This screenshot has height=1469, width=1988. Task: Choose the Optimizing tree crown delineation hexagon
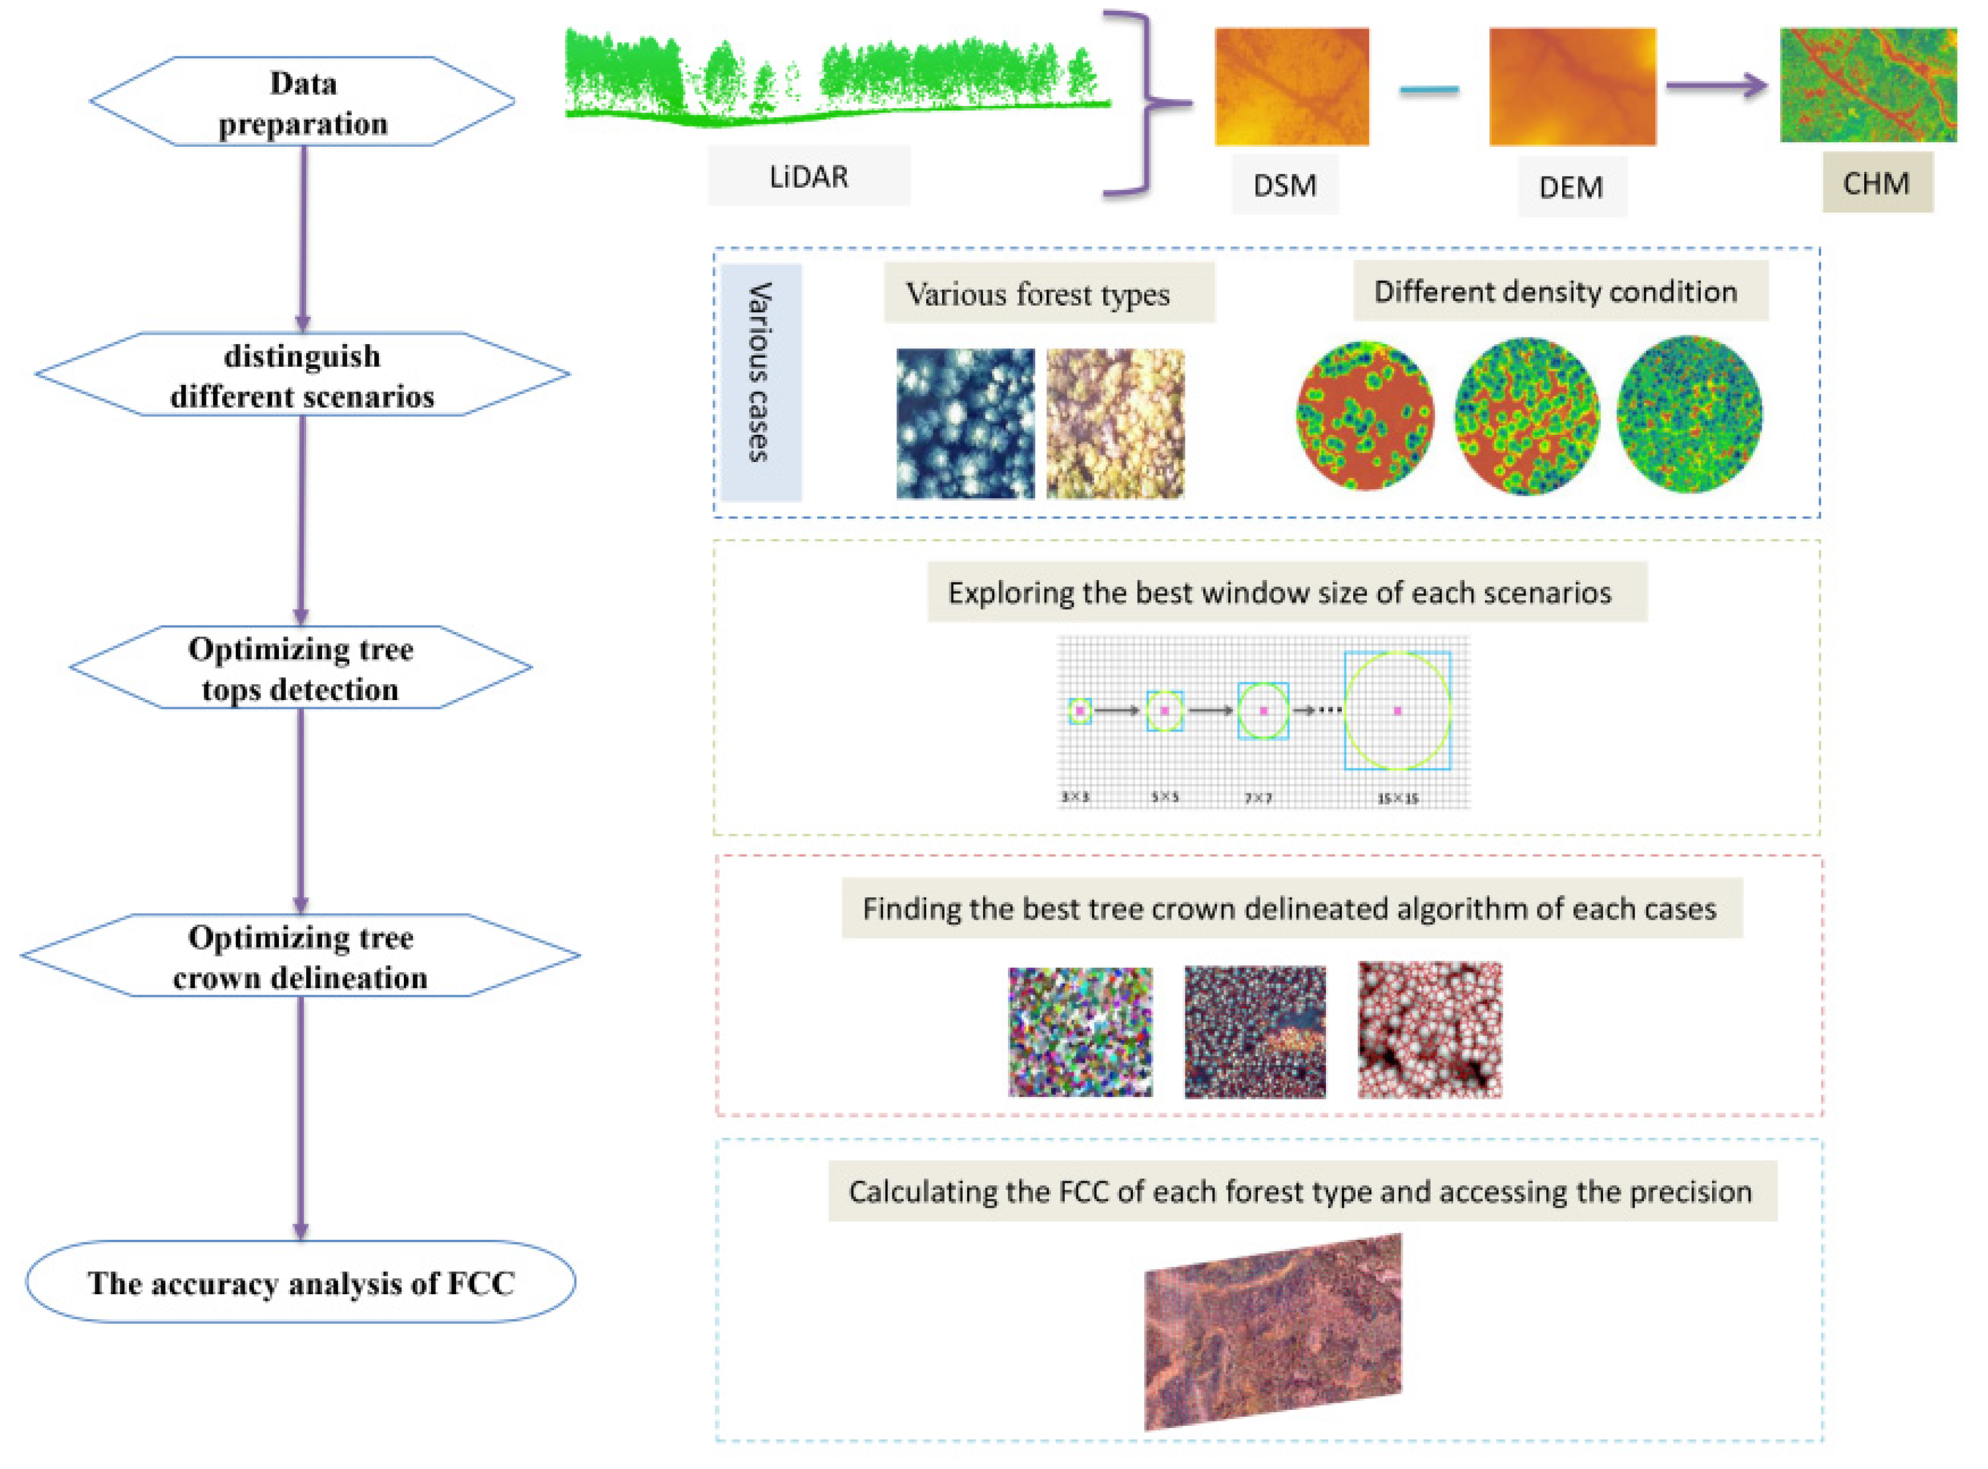point(300,957)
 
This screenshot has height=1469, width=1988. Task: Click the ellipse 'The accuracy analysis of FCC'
point(300,1283)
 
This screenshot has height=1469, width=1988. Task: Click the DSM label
point(1284,185)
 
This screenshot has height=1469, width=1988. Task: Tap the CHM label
point(1876,183)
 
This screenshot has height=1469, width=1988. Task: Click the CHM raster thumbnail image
point(1867,85)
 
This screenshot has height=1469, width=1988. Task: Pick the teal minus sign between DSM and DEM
point(1429,89)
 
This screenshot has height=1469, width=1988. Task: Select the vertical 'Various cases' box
point(761,383)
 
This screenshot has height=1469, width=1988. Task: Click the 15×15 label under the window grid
point(1398,798)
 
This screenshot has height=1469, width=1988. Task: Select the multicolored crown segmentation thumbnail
point(1080,1031)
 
